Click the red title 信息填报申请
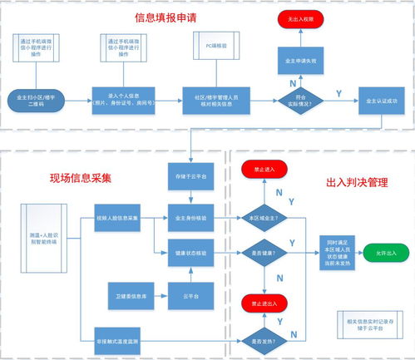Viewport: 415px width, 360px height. [x=172, y=17]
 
